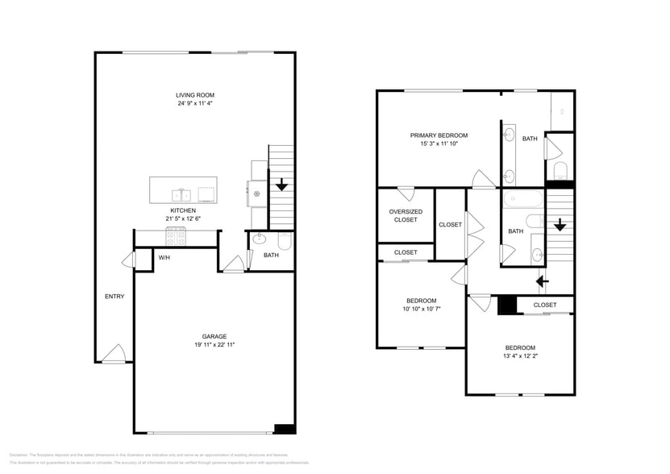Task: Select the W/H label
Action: coord(164,258)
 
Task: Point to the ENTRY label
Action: coord(114,296)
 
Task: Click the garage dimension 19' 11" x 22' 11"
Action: coord(214,344)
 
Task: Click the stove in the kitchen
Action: coord(177,237)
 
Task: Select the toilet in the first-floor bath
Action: coord(284,241)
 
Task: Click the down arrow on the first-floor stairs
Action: coord(281,185)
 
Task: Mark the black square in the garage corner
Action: coord(284,429)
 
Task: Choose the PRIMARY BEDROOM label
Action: coord(439,135)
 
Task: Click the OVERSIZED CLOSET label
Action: coord(406,216)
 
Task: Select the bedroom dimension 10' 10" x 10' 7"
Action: coord(422,309)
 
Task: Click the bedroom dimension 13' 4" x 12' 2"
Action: coord(520,355)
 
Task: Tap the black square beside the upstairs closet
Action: coord(506,306)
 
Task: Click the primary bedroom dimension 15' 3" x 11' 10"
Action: coord(439,144)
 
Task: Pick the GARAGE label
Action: coord(214,336)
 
